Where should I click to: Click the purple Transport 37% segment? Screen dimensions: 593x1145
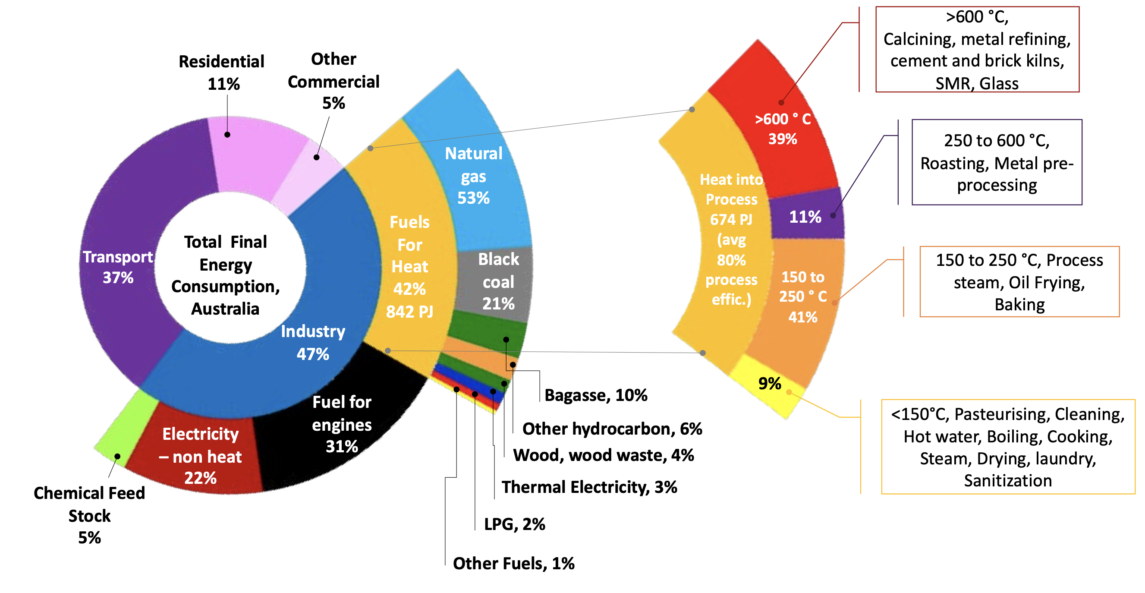tap(118, 267)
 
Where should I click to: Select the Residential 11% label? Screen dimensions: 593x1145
tap(222, 72)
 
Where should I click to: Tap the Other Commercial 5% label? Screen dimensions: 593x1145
tap(333, 81)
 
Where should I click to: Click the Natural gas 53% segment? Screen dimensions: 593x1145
tap(473, 176)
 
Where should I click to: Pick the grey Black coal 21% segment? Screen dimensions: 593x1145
tap(498, 281)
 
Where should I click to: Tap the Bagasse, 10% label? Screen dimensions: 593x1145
tap(596, 395)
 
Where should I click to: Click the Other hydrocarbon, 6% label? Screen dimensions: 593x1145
tap(612, 429)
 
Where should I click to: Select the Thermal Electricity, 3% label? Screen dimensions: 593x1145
tap(589, 487)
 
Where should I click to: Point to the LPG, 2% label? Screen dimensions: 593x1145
tap(514, 524)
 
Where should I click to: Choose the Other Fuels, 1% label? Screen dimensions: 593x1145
tap(513, 563)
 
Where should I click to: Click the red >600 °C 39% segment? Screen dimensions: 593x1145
tap(782, 129)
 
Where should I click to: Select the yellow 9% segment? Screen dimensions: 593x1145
tap(769, 384)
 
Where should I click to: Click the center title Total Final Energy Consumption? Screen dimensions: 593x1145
tap(225, 275)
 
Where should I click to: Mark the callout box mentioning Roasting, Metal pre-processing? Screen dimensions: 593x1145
tap(997, 162)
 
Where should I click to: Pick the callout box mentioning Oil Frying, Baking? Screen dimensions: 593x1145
tap(1019, 282)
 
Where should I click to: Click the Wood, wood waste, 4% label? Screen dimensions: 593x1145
tap(603, 455)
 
